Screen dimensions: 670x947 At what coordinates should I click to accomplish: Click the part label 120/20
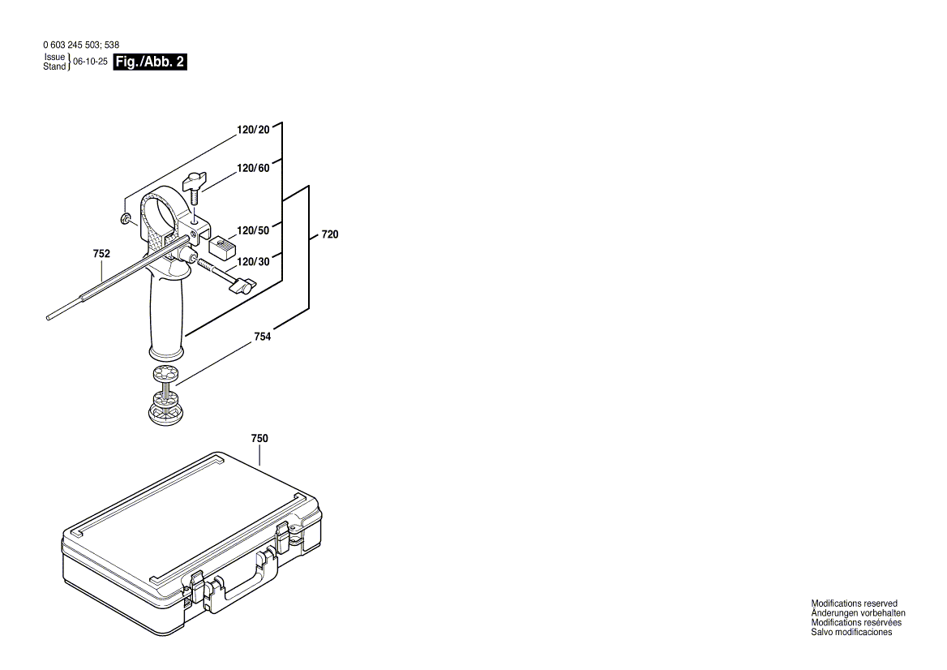coord(253,130)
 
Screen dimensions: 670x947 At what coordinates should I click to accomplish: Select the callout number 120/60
coord(253,169)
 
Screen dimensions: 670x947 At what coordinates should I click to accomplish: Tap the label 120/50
coord(253,230)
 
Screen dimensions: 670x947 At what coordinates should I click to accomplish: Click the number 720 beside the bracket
coord(330,234)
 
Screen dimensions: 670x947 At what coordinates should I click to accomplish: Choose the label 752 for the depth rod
coord(101,254)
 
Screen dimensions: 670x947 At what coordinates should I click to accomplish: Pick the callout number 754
coord(262,336)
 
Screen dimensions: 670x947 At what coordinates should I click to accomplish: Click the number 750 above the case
coord(259,439)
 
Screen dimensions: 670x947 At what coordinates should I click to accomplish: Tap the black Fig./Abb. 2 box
coord(151,62)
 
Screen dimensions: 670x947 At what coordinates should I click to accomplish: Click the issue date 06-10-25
coord(90,62)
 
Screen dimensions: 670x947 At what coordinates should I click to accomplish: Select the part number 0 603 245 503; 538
coord(81,45)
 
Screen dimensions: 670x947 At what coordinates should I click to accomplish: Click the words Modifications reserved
coord(854,603)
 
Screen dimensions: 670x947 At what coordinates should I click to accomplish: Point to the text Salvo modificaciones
coord(851,632)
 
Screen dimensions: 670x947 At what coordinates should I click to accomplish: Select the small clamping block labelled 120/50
coord(221,245)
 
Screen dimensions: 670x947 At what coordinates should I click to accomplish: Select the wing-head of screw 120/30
coord(243,285)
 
